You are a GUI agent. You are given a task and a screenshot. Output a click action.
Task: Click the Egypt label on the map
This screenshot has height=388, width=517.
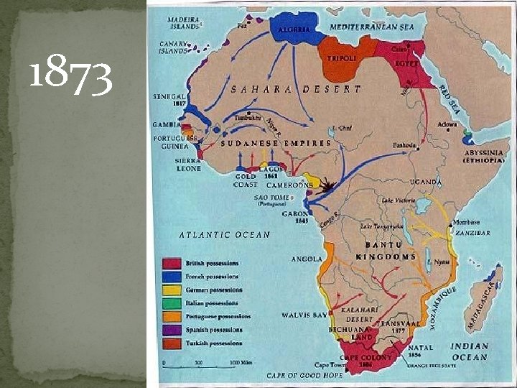406,63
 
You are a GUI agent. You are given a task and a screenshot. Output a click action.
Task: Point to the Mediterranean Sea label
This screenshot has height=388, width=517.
373,27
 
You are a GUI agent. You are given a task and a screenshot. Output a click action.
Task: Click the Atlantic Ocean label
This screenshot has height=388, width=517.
224,234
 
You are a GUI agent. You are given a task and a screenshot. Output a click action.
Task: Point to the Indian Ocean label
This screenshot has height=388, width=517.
470,351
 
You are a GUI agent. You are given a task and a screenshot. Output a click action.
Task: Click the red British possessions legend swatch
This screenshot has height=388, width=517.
171,263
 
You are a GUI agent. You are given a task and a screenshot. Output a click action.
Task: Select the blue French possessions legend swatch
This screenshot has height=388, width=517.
171,276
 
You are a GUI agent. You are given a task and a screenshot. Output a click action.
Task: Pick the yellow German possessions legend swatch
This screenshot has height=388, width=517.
171,290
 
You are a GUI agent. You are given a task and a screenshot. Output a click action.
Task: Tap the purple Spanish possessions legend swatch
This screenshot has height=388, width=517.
171,330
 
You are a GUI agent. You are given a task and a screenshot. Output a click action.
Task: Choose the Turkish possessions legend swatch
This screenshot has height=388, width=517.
171,343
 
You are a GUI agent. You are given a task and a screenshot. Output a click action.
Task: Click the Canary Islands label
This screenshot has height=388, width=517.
173,47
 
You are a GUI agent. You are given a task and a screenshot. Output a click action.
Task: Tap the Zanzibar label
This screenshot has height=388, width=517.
470,234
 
